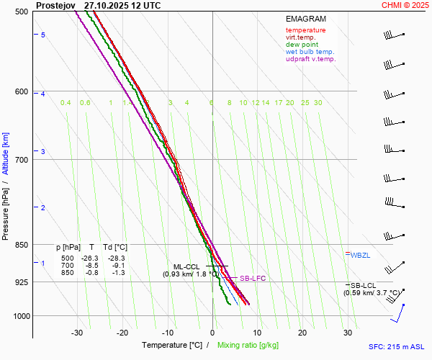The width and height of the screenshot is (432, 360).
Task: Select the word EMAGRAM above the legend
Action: [305, 19]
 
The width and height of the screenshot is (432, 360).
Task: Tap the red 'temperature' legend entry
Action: [305, 30]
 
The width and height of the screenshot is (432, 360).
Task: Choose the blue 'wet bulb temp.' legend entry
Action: [310, 52]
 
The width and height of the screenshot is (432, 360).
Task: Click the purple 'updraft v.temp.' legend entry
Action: [310, 59]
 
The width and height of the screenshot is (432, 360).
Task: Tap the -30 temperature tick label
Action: [78, 333]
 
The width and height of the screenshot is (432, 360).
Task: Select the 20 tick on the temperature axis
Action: [302, 333]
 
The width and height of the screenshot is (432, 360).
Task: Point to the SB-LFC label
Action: [253, 278]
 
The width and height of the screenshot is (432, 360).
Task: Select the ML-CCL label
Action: [186, 266]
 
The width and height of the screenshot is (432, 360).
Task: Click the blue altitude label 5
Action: [42, 35]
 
